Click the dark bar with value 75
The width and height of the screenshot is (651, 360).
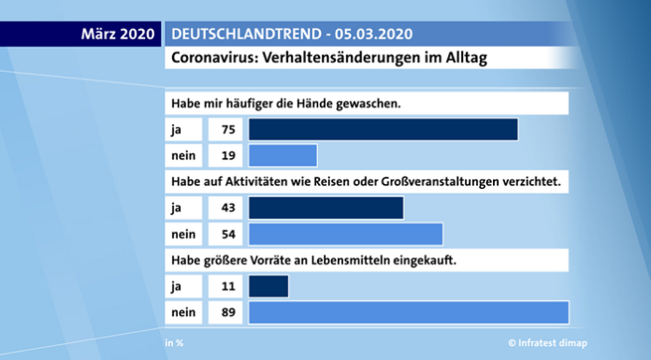click(x=383, y=129)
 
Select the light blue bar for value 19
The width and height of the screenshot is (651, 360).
click(x=282, y=155)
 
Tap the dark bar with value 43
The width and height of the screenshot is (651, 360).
click(x=325, y=207)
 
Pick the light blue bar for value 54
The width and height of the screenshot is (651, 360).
click(x=345, y=233)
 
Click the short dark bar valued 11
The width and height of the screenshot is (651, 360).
click(x=268, y=285)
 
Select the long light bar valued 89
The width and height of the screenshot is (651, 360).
click(x=409, y=311)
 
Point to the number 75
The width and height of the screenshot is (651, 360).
click(x=227, y=129)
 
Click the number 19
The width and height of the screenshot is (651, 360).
click(x=227, y=155)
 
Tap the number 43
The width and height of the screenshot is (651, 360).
click(x=227, y=207)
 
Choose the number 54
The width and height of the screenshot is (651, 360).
click(x=227, y=233)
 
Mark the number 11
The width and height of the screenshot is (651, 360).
click(x=227, y=285)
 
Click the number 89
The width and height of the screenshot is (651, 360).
click(x=227, y=311)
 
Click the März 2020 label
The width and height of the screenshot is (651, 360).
click(x=117, y=35)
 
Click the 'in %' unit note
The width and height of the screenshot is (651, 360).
click(x=174, y=343)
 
